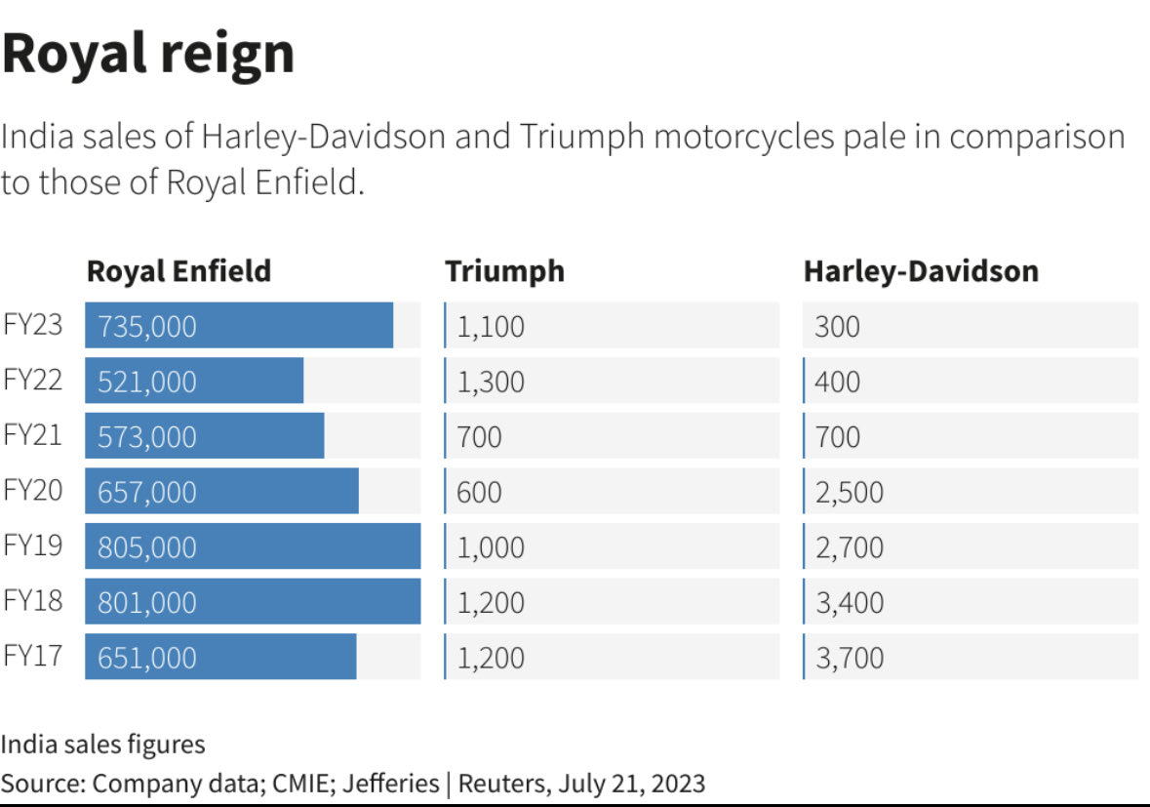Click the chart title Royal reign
148,53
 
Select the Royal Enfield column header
178,270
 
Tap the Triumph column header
504,270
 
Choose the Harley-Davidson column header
921,270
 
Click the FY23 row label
33,325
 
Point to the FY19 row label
33,545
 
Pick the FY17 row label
33,656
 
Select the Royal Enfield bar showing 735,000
239,325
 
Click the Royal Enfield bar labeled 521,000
194,381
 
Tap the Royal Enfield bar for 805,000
253,546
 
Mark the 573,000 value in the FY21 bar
147,436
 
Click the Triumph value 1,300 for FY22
491,381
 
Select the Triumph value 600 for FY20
479,492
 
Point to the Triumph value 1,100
491,326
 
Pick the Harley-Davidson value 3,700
850,658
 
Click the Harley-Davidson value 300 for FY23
838,326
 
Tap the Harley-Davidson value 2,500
850,492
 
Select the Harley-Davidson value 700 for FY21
838,436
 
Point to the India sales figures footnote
103,745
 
